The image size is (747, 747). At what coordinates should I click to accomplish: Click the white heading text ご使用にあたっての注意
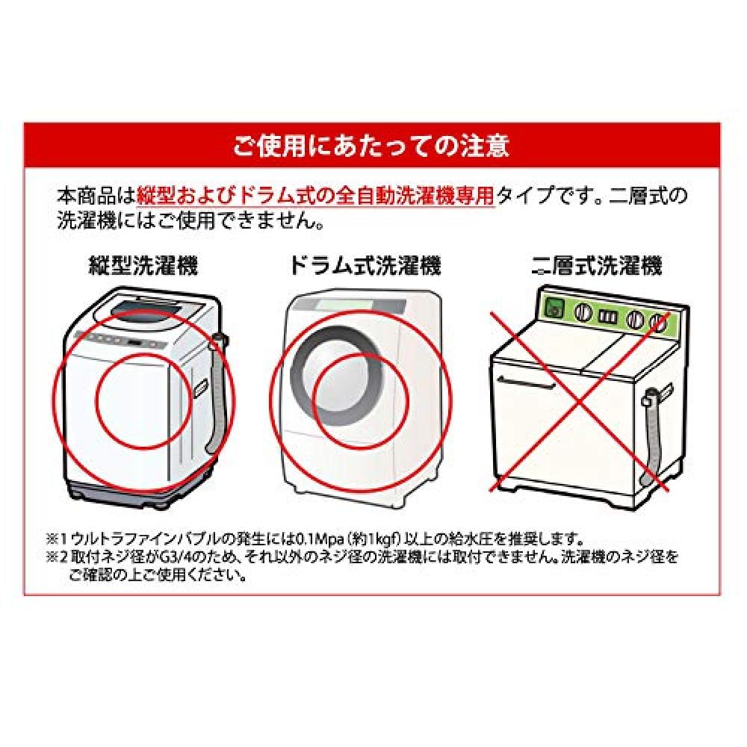click(x=371, y=145)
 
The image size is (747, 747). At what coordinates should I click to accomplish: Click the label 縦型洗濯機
click(x=143, y=265)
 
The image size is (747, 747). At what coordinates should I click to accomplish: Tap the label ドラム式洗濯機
click(x=365, y=265)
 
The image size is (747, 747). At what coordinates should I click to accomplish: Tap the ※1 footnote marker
click(x=57, y=538)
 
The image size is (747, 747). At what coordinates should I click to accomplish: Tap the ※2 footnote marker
click(x=57, y=557)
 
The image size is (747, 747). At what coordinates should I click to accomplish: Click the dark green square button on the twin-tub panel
click(x=554, y=307)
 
